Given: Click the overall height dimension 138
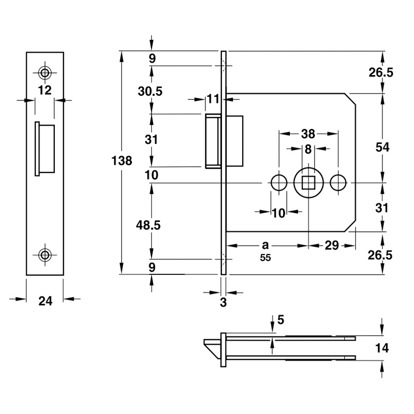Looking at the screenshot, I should (x=123, y=160).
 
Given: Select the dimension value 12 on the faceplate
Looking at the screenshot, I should (x=45, y=91).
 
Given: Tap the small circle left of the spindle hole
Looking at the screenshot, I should (x=279, y=182).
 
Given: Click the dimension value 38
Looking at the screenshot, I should (x=308, y=134).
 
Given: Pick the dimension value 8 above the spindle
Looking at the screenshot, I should (x=308, y=150).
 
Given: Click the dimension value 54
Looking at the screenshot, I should (x=382, y=147).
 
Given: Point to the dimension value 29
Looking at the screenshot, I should (x=331, y=246).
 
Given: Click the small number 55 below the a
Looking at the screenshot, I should (x=265, y=258).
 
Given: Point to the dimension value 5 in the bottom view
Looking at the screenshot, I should (x=280, y=320).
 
